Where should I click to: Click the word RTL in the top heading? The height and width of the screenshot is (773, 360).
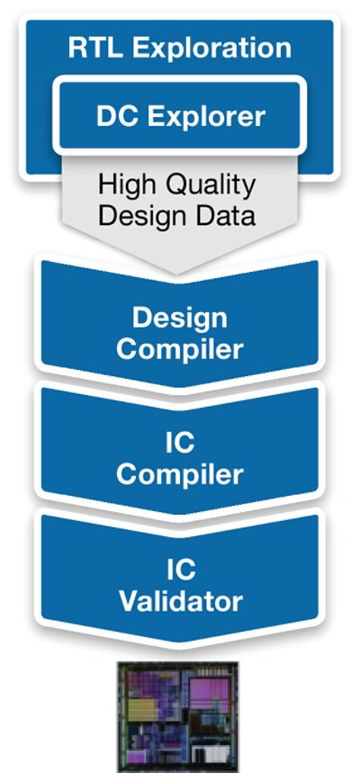(x=95, y=49)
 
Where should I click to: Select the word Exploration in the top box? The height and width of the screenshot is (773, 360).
(x=212, y=49)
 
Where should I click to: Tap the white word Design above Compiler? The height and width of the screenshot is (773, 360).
(x=180, y=319)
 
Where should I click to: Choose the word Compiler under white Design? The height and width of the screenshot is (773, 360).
(x=180, y=349)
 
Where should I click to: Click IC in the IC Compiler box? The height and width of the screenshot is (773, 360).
(x=180, y=444)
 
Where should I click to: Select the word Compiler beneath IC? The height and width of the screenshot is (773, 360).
(x=180, y=475)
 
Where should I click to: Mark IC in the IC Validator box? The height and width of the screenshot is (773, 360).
(x=180, y=570)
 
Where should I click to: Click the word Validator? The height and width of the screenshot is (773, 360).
(x=181, y=601)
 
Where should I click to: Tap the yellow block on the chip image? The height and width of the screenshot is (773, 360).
(x=142, y=710)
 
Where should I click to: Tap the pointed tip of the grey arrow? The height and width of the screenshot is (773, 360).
(x=176, y=274)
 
